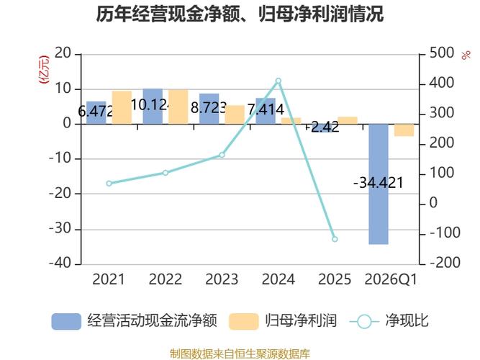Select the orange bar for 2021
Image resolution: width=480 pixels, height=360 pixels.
tap(122, 107)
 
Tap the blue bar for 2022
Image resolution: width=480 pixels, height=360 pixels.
tap(153, 106)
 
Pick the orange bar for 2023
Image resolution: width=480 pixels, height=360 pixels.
tap(235, 114)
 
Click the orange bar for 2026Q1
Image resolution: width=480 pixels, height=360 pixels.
tap(404, 130)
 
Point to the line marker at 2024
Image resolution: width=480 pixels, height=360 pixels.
tap(279, 81)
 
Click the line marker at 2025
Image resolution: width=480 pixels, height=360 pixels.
tap(335, 239)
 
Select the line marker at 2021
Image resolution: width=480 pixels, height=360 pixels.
tap(109, 184)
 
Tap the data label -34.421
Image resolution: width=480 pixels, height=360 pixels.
tap(379, 183)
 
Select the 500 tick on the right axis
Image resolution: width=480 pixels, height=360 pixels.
tap(441, 53)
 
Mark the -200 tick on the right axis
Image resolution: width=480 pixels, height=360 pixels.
tap(443, 264)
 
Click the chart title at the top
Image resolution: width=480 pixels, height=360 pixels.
tap(240, 15)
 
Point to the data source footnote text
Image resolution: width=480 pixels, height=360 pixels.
tap(240, 354)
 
